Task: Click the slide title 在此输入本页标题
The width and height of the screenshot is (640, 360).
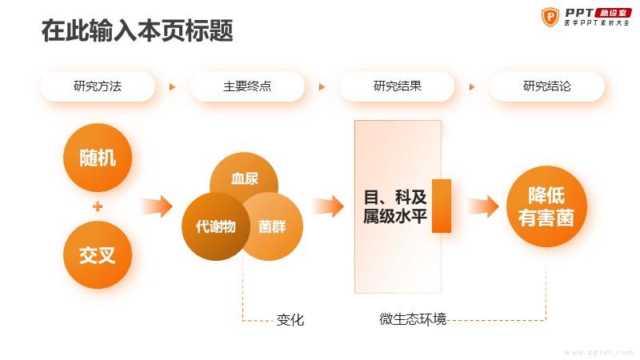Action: pyautogui.click(x=138, y=30)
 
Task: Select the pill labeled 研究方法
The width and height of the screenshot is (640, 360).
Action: pyautogui.click(x=98, y=86)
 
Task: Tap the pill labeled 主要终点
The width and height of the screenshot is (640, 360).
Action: pyautogui.click(x=247, y=86)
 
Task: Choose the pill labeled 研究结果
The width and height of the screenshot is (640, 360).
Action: pyautogui.click(x=397, y=86)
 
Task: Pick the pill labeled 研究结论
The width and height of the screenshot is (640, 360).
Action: pyautogui.click(x=547, y=86)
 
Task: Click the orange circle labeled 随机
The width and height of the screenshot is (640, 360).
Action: pyautogui.click(x=98, y=158)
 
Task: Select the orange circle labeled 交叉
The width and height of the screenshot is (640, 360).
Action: pyautogui.click(x=98, y=254)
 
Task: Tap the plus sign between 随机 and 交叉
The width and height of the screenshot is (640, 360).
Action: pyautogui.click(x=98, y=206)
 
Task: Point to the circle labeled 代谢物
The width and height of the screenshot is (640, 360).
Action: pyautogui.click(x=215, y=226)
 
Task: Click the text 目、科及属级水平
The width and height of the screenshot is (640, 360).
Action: pyautogui.click(x=395, y=206)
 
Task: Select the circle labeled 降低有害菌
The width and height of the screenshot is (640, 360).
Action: pyautogui.click(x=546, y=206)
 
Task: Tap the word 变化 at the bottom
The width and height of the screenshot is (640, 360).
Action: pyautogui.click(x=290, y=319)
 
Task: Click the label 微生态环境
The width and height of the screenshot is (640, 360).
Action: pyautogui.click(x=413, y=318)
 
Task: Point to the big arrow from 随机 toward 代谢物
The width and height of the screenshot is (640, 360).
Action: pyautogui.click(x=157, y=206)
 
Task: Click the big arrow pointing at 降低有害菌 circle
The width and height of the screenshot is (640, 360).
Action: pyautogui.click(x=483, y=206)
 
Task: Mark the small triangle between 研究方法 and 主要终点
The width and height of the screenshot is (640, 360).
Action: pyautogui.click(x=173, y=86)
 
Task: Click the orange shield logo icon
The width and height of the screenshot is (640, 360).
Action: pyautogui.click(x=550, y=17)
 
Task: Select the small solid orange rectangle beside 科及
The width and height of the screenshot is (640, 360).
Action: pyautogui.click(x=442, y=206)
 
